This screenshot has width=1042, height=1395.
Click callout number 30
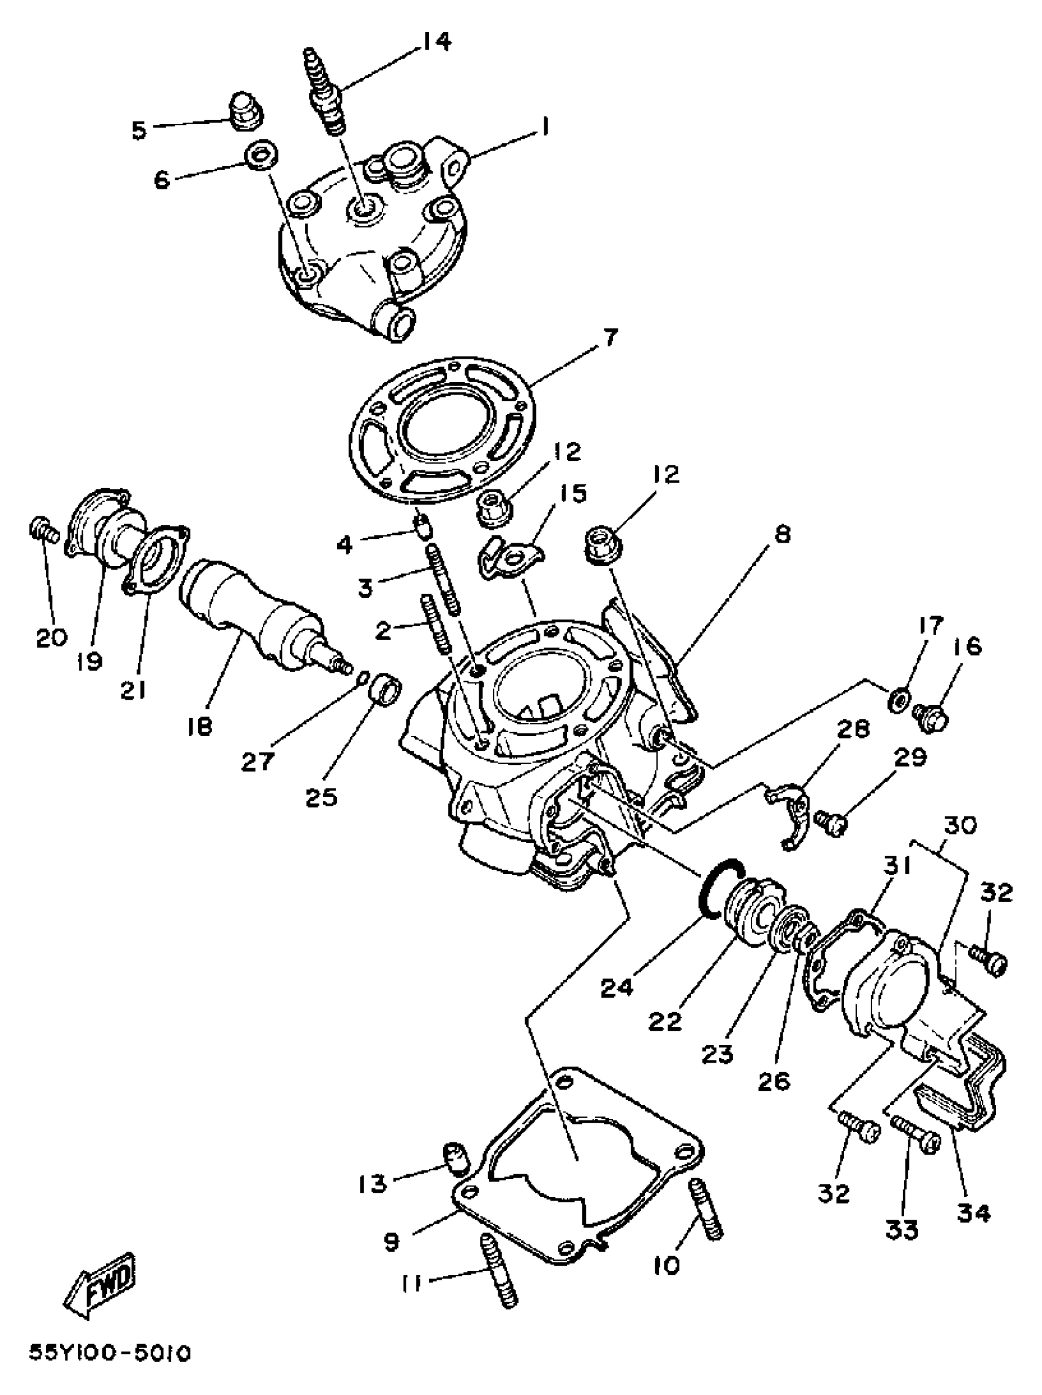click(x=959, y=824)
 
